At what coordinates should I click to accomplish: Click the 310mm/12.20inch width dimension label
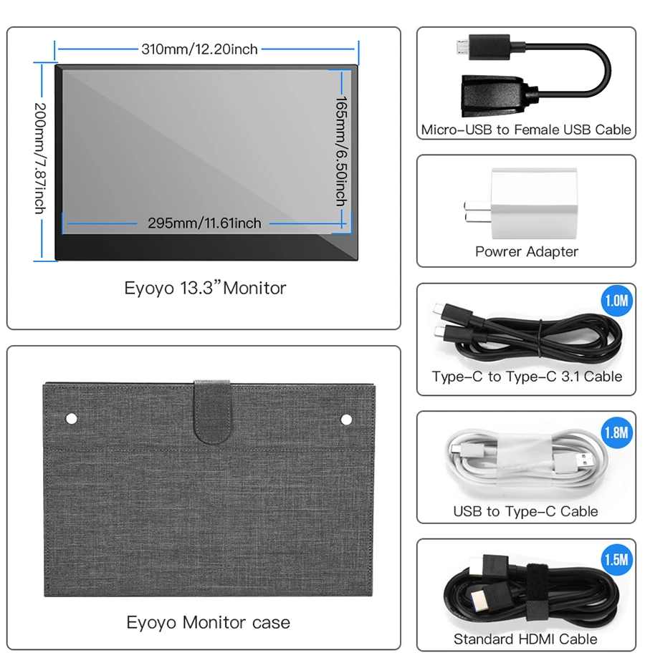click(199, 49)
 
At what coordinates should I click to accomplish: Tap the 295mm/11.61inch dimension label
click(204, 223)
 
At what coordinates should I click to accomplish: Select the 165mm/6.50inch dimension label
click(342, 151)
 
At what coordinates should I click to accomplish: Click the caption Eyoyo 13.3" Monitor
click(205, 289)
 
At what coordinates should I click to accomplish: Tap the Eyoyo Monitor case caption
click(208, 622)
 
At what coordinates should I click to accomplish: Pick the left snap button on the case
click(71, 417)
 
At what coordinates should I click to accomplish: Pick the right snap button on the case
click(346, 418)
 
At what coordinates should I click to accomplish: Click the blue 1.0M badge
click(616, 300)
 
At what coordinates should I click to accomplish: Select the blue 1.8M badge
click(616, 432)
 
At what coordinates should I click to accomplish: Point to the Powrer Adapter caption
click(526, 251)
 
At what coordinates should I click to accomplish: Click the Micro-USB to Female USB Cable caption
click(526, 130)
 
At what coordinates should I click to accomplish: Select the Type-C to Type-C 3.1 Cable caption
click(526, 377)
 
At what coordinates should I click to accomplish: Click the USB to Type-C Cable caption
click(525, 511)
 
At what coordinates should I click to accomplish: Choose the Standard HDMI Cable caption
click(525, 639)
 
